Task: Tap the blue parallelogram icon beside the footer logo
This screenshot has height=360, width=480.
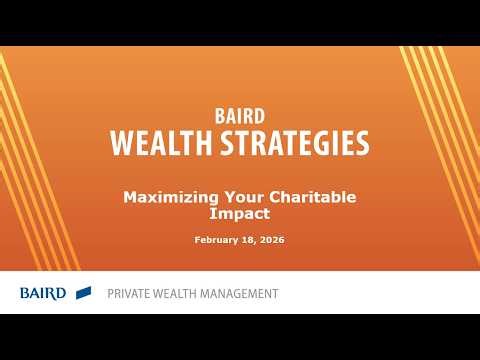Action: coord(84,292)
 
